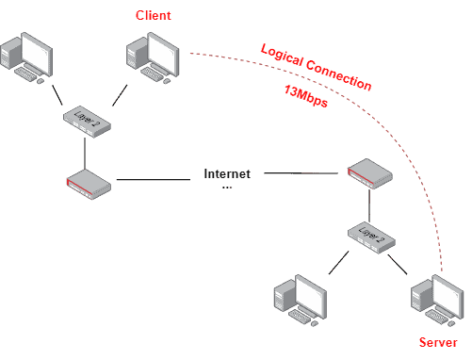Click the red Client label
pos(153,16)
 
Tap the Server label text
pos(438,343)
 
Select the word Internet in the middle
pos(228,173)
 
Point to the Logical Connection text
pos(316,67)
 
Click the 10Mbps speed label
pos(306,96)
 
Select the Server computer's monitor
pos(447,298)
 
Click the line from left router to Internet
pos(155,179)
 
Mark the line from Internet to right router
pos(301,173)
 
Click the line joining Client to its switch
pos(119,94)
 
